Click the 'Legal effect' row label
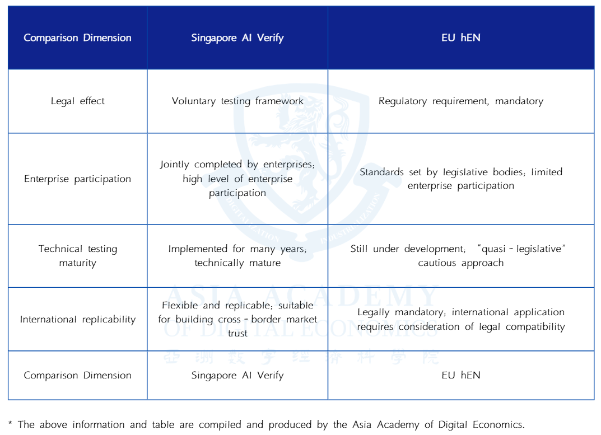point(77,101)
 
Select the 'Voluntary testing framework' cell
point(237,101)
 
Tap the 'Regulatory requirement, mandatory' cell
point(460,101)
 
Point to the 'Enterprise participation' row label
point(77,179)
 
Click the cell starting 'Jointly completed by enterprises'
point(237,179)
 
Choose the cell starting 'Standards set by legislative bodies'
point(460,179)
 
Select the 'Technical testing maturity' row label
point(77,256)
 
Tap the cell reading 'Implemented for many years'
point(237,256)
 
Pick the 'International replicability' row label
point(77,320)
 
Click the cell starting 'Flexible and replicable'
point(237,319)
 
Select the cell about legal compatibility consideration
point(460,319)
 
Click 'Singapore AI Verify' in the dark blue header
point(237,38)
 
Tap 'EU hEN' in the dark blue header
point(460,38)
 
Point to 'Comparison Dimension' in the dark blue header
point(77,38)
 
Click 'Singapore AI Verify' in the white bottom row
point(237,376)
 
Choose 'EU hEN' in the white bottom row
point(460,376)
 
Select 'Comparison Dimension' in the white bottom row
point(77,376)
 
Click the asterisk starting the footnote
point(11,424)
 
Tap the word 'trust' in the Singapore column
point(237,334)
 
